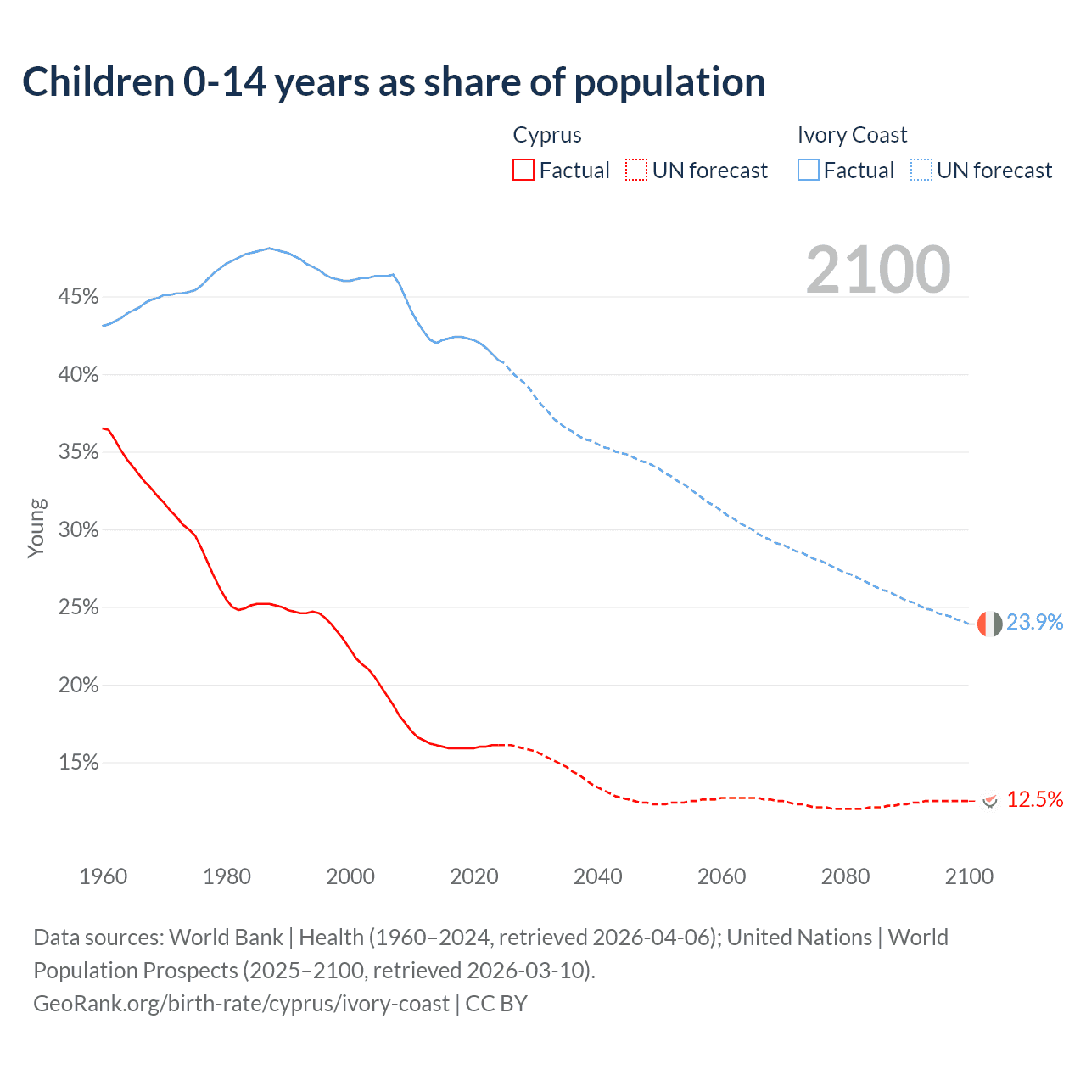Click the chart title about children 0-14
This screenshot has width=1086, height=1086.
394,82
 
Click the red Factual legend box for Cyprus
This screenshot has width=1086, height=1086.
523,171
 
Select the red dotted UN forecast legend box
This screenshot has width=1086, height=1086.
636,171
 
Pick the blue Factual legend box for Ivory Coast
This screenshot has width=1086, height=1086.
809,171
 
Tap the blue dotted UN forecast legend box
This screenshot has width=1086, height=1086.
921,171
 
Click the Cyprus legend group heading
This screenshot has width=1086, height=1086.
547,135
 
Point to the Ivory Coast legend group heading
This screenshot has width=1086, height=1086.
852,135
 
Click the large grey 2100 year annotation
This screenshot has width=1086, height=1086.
878,270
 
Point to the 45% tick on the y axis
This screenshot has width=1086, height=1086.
78,297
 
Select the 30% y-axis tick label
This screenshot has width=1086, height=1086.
78,530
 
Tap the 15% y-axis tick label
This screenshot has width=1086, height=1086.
78,763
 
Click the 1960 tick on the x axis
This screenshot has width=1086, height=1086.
103,876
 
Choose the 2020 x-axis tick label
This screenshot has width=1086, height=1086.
474,876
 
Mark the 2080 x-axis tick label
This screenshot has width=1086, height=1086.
845,876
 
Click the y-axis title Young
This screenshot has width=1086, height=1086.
36,528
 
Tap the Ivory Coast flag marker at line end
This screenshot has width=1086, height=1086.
989,624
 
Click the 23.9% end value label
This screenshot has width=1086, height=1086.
1034,622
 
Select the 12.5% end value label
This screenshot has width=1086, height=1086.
1034,799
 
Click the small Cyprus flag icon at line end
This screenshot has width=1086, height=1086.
989,800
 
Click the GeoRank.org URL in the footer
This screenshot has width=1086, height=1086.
241,1004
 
